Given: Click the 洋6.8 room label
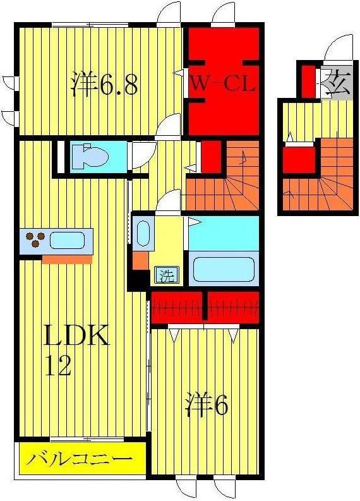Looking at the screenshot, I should pos(105,85).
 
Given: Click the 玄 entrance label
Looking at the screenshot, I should pos(339,83).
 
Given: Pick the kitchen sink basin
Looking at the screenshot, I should pos(67,241).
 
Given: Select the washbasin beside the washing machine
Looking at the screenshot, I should pos(143,234).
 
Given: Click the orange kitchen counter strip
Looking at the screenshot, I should pos(66,259).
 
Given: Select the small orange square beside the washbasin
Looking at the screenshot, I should pos(140,259).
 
